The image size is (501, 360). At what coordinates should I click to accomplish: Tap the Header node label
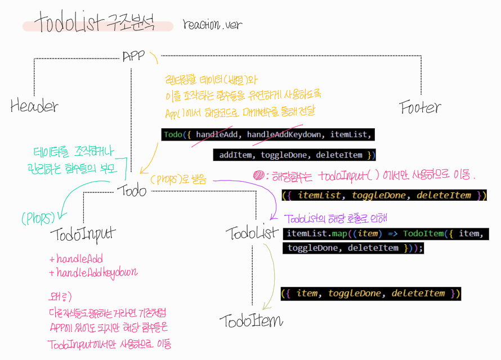click(x=34, y=106)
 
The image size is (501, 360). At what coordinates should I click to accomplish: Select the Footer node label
click(x=420, y=107)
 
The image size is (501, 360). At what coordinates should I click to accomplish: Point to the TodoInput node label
click(x=83, y=233)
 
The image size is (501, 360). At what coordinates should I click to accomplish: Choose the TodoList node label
click(x=252, y=233)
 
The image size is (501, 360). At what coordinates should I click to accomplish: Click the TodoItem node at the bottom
click(x=251, y=321)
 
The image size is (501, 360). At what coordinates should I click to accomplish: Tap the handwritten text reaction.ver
click(x=212, y=25)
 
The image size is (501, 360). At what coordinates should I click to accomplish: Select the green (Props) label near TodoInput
click(x=37, y=218)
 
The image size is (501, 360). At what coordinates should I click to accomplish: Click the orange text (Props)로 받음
click(x=178, y=180)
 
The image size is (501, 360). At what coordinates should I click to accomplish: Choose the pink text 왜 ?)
click(x=60, y=296)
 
